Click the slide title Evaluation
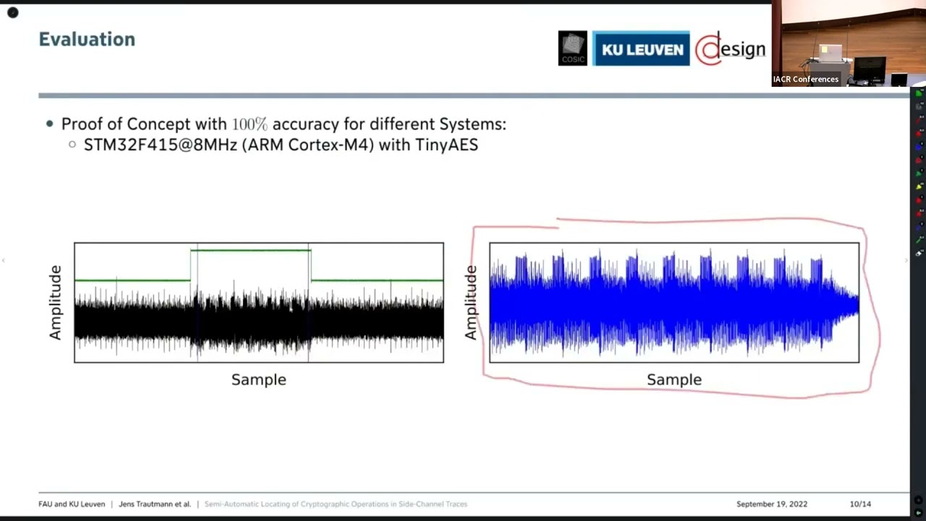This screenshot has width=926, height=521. (87, 39)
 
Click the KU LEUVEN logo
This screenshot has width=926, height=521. (642, 49)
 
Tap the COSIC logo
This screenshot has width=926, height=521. (572, 48)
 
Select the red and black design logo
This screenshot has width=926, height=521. (731, 49)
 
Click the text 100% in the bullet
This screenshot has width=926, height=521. (249, 124)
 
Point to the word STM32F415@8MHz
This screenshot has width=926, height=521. (160, 145)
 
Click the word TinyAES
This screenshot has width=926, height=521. (446, 145)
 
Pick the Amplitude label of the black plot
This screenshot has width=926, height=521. (56, 302)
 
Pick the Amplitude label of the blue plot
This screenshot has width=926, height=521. (472, 302)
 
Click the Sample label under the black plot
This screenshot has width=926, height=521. (258, 380)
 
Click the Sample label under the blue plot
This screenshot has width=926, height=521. (674, 380)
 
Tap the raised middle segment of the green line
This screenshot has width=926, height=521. (251, 250)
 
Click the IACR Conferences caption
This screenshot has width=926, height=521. (805, 80)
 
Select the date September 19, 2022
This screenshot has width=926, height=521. (771, 504)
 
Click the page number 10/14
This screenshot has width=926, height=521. (860, 504)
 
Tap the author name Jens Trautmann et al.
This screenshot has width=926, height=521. (155, 504)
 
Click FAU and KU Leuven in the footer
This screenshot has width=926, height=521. (72, 504)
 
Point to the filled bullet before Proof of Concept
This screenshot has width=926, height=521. (49, 124)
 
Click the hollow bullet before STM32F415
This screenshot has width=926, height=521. (72, 145)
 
